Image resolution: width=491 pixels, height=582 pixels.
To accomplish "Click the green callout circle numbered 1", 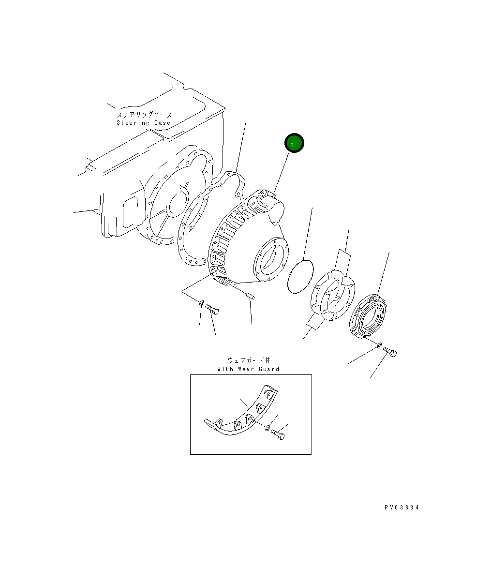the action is click(x=294, y=143).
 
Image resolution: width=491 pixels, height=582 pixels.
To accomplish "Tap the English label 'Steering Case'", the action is click(x=144, y=123).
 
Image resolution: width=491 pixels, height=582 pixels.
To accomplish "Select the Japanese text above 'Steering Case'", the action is click(x=144, y=114).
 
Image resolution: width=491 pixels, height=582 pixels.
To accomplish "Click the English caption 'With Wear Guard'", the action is click(x=248, y=369).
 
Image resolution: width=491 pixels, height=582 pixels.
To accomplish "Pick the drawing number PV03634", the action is click(x=402, y=507).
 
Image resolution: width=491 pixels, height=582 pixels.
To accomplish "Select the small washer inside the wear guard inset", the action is click(x=267, y=428).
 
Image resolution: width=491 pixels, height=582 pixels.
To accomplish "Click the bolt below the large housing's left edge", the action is click(x=212, y=309).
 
